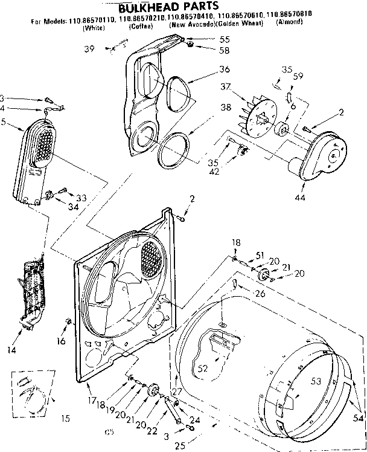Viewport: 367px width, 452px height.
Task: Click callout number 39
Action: [89, 48]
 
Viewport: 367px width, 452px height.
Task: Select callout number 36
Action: [208, 68]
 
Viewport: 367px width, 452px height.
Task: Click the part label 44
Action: [300, 198]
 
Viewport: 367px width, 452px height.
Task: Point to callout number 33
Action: [81, 198]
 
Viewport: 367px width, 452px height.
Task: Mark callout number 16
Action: [61, 341]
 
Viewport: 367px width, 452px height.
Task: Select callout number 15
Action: [65, 418]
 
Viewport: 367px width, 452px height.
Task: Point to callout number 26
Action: [260, 294]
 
